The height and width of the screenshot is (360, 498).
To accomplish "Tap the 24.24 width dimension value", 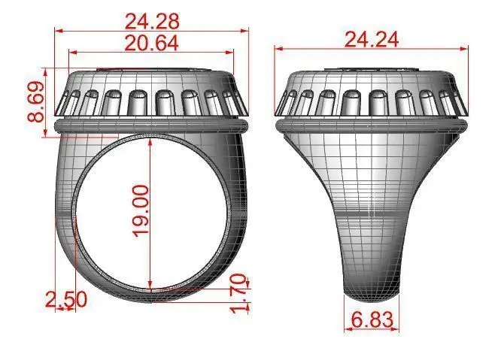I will click(372, 39).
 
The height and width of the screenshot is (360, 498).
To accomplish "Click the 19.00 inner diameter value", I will click(141, 211).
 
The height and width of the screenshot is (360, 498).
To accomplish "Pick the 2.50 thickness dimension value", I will click(66, 299).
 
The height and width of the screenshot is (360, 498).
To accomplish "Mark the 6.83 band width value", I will click(372, 319).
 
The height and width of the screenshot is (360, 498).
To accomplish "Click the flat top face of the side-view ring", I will click(371, 72).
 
